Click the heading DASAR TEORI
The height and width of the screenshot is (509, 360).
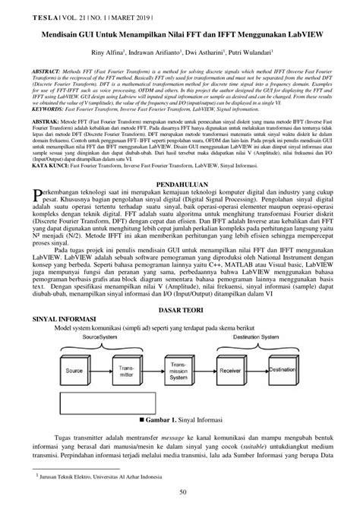[x=180, y=311]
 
